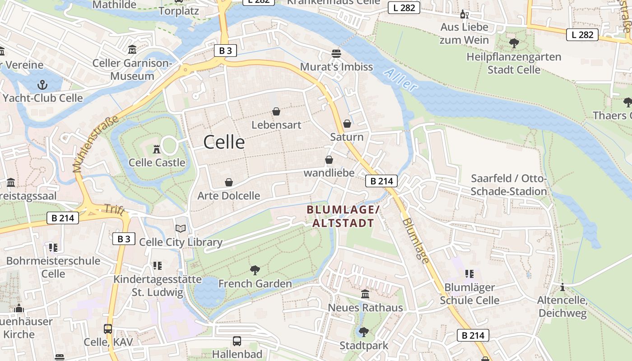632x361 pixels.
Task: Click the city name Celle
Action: coord(224,142)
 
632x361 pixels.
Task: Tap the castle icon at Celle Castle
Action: coord(157,148)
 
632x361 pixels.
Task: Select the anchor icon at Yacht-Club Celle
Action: coord(42,84)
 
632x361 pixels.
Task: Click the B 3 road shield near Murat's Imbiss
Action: coord(225,51)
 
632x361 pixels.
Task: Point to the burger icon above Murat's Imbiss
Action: coord(336,53)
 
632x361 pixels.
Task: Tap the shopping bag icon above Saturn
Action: coord(347,123)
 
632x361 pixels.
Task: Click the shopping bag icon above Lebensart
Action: coord(276,111)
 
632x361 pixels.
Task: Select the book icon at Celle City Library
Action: coord(181,229)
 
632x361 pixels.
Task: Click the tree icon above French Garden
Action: coord(255,270)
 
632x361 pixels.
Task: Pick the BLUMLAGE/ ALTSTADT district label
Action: coord(343,216)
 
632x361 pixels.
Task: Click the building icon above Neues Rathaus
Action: coord(365,294)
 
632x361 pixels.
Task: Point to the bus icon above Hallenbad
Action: coord(237,341)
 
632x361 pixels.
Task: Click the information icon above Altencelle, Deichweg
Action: coord(562,287)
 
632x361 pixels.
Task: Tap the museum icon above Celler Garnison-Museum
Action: coord(132,49)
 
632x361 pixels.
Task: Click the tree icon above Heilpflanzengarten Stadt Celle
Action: coord(513,43)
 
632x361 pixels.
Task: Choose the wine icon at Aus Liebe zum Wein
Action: coord(464,14)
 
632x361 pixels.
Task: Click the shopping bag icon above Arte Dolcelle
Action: coord(228,182)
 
